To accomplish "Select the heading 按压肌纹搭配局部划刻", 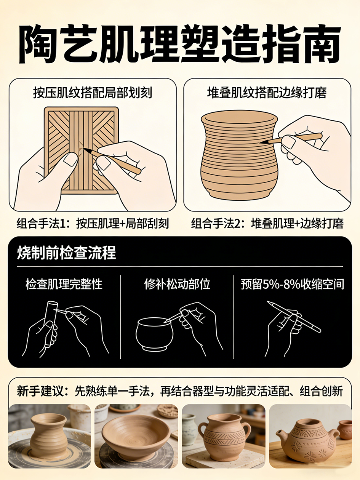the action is click(93, 93).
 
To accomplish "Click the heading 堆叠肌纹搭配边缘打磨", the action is click(267, 93).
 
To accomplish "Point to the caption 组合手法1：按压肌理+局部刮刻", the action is click(93, 223).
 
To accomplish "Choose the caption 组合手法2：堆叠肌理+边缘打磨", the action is click(267, 223).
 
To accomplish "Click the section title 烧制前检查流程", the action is click(66, 253).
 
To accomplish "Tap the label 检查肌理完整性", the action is click(64, 284).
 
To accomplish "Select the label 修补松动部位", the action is click(177, 284).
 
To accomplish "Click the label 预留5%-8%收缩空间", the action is click(292, 284).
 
